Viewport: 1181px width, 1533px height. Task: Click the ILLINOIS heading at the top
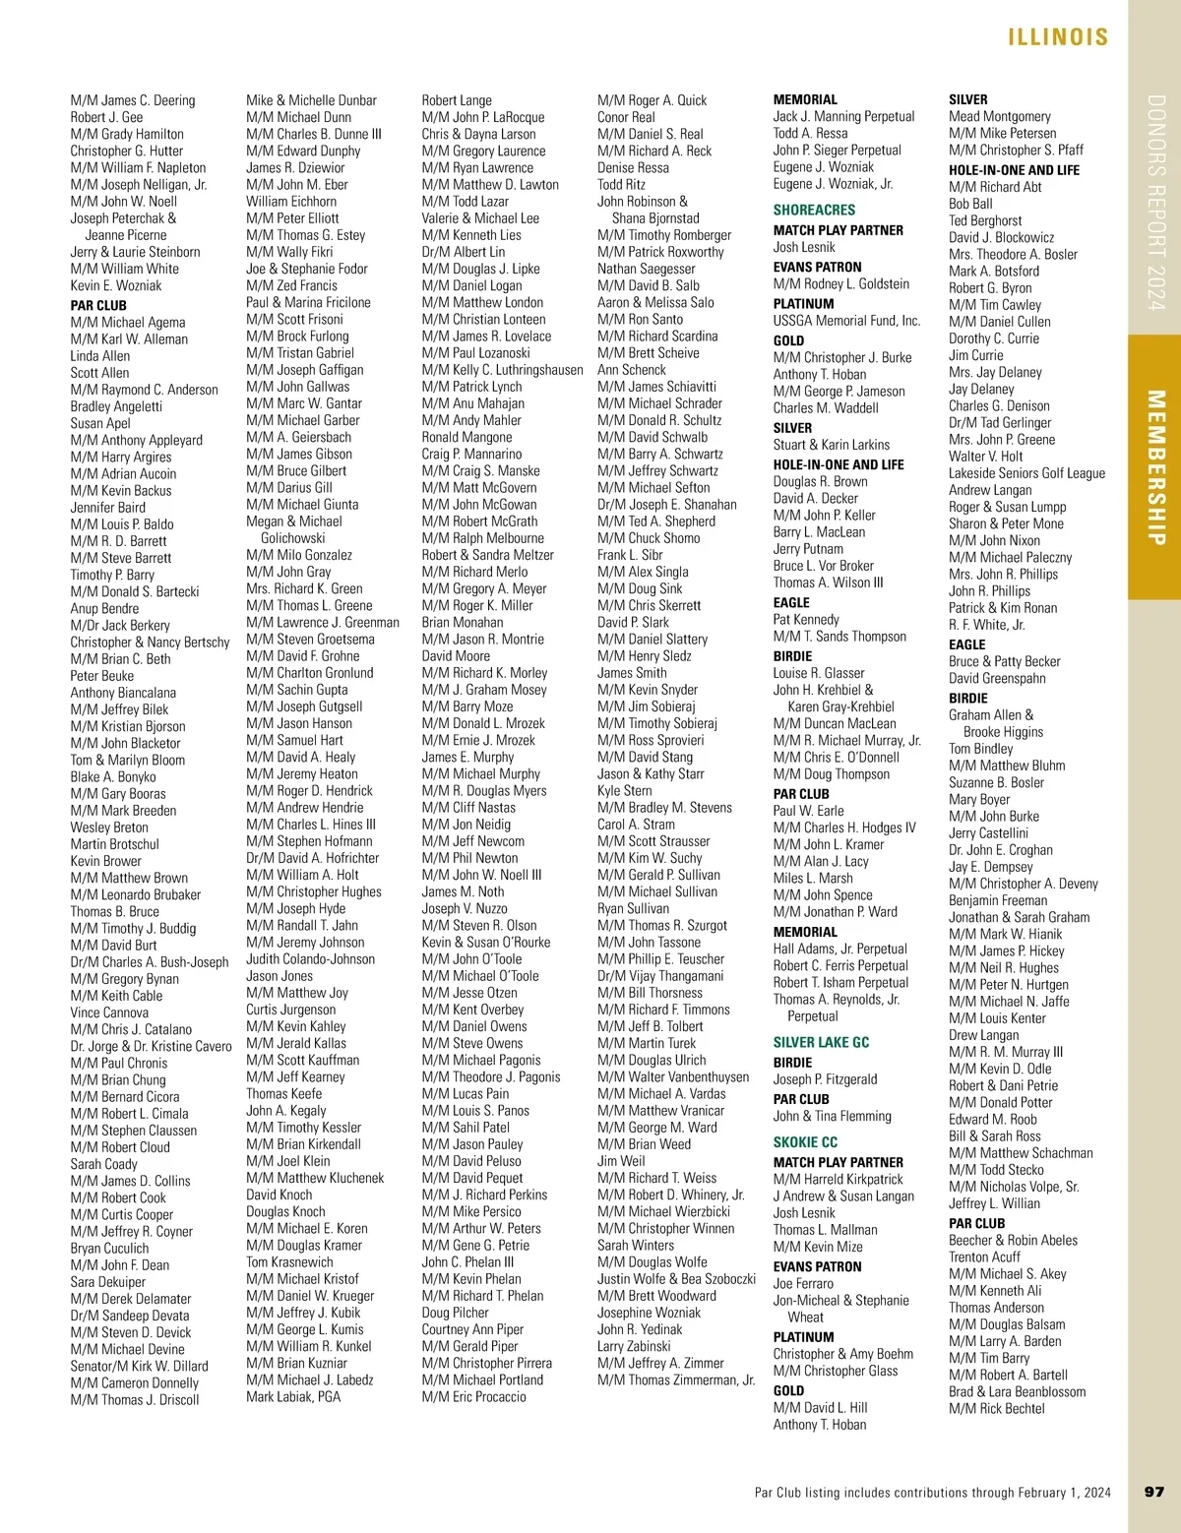[1058, 37]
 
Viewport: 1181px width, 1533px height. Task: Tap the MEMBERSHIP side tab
[1156, 467]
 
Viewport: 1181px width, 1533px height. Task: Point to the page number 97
[1154, 1492]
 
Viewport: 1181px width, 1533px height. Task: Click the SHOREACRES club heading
[814, 210]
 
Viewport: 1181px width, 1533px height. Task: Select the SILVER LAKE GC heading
[821, 1042]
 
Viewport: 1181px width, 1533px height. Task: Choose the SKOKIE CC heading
[805, 1142]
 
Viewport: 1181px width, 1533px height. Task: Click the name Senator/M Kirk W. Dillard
[139, 1366]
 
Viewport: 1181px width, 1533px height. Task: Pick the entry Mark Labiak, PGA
[293, 1396]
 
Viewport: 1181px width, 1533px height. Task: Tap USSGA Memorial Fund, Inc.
[846, 321]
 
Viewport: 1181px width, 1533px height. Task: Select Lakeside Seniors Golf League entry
[1026, 473]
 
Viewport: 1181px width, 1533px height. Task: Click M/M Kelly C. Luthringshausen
[502, 370]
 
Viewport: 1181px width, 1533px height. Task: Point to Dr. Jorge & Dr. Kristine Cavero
[151, 1046]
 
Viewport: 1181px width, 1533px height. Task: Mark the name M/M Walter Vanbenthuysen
[673, 1076]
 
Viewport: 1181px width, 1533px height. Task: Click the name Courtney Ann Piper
[472, 1329]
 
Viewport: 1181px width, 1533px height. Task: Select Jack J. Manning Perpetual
[843, 116]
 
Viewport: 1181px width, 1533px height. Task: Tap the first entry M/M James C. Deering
[133, 100]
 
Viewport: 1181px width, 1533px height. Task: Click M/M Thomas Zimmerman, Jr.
[676, 1380]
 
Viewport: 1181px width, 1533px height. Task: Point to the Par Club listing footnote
[932, 1492]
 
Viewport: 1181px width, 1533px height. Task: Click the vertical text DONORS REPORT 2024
[1156, 202]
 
